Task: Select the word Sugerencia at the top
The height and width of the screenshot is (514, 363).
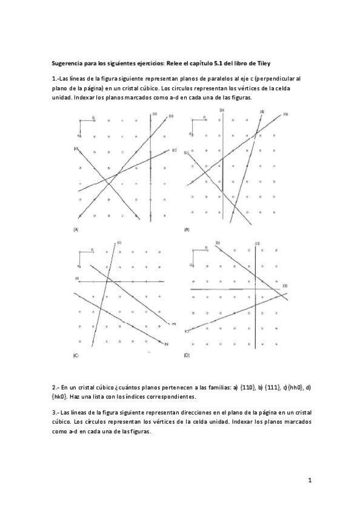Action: (x=68, y=63)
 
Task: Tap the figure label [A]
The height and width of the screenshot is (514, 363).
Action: (x=76, y=229)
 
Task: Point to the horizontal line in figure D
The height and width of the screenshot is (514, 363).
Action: (x=236, y=290)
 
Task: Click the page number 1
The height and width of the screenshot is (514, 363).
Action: (x=309, y=481)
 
